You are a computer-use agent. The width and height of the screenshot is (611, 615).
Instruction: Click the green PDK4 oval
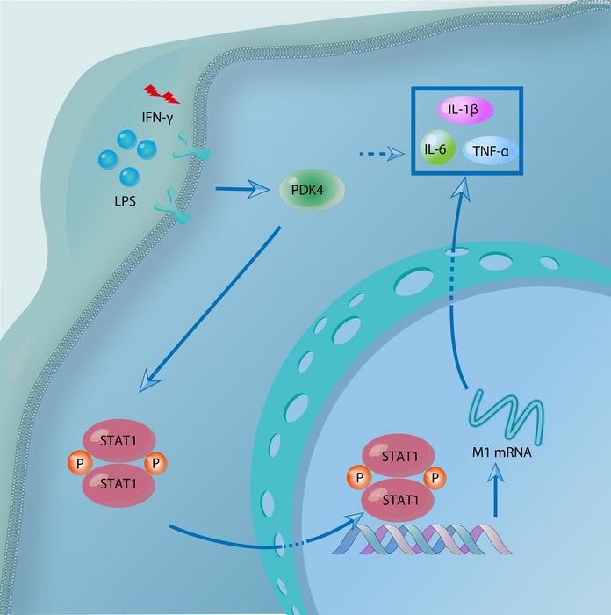tap(311, 190)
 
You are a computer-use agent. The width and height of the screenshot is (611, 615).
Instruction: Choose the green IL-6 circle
tap(436, 149)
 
